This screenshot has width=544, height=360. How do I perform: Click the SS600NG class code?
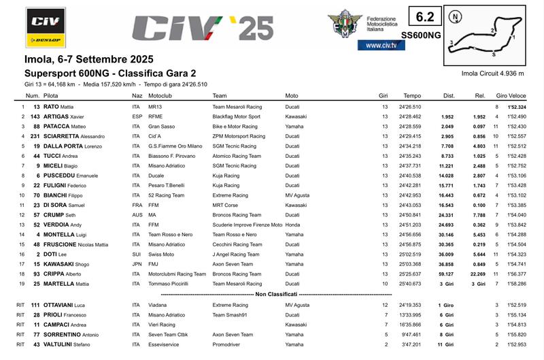(422, 34)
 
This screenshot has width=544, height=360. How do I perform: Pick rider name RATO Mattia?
(60, 108)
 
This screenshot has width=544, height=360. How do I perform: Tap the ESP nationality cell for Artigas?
(137, 117)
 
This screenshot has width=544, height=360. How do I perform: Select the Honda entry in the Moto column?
(292, 225)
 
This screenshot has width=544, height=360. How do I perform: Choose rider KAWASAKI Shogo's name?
(67, 264)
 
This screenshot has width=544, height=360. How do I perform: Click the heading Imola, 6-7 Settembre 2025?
(89, 59)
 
